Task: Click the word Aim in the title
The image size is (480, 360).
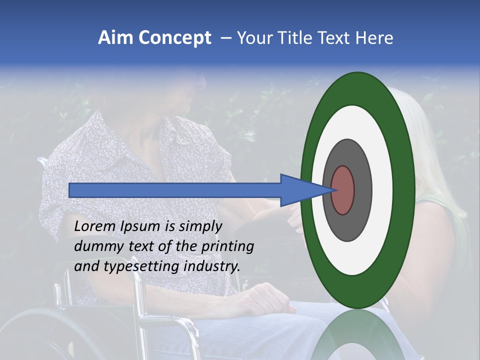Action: tap(116, 38)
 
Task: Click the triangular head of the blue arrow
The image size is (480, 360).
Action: tap(300, 190)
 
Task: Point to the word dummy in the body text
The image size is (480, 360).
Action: tap(95, 246)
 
